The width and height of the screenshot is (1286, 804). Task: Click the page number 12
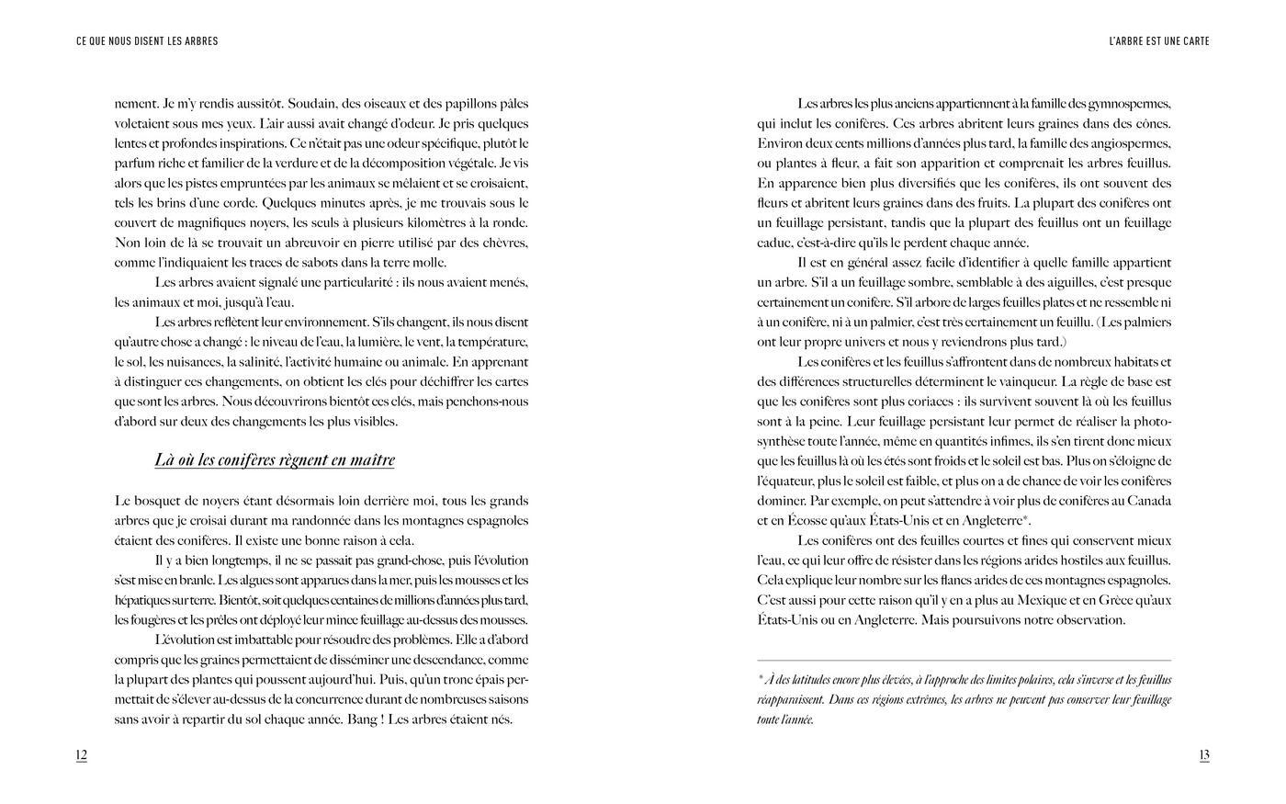(x=81, y=755)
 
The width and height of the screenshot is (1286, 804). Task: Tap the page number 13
(x=1203, y=755)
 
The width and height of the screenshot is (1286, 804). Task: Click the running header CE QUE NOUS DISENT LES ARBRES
(x=147, y=41)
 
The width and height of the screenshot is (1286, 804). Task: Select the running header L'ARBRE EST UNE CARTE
(x=1158, y=41)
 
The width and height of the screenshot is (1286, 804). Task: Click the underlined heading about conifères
(x=275, y=460)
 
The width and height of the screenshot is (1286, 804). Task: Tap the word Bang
(x=362, y=719)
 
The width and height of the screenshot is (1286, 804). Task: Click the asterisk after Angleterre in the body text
(x=1026, y=518)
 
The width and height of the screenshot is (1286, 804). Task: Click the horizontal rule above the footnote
(x=964, y=660)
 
